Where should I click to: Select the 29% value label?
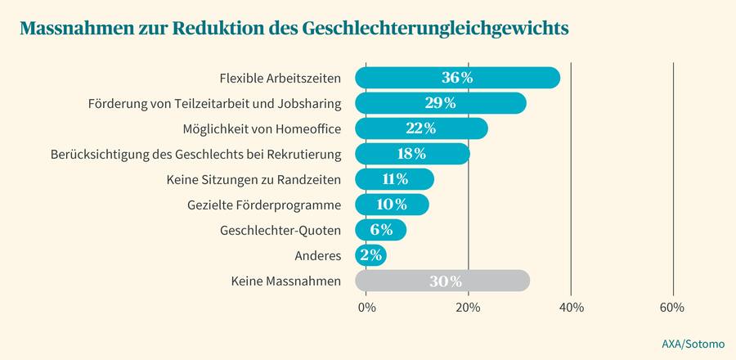click(x=440, y=103)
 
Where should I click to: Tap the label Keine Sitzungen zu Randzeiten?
click(x=254, y=179)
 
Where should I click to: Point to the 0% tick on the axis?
click(x=366, y=308)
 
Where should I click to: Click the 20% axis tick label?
click(x=468, y=308)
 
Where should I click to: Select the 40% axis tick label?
click(x=571, y=308)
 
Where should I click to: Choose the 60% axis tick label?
click(x=672, y=308)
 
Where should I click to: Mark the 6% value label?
click(x=380, y=231)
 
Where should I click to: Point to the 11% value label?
click(x=394, y=179)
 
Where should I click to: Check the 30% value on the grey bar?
click(x=446, y=281)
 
